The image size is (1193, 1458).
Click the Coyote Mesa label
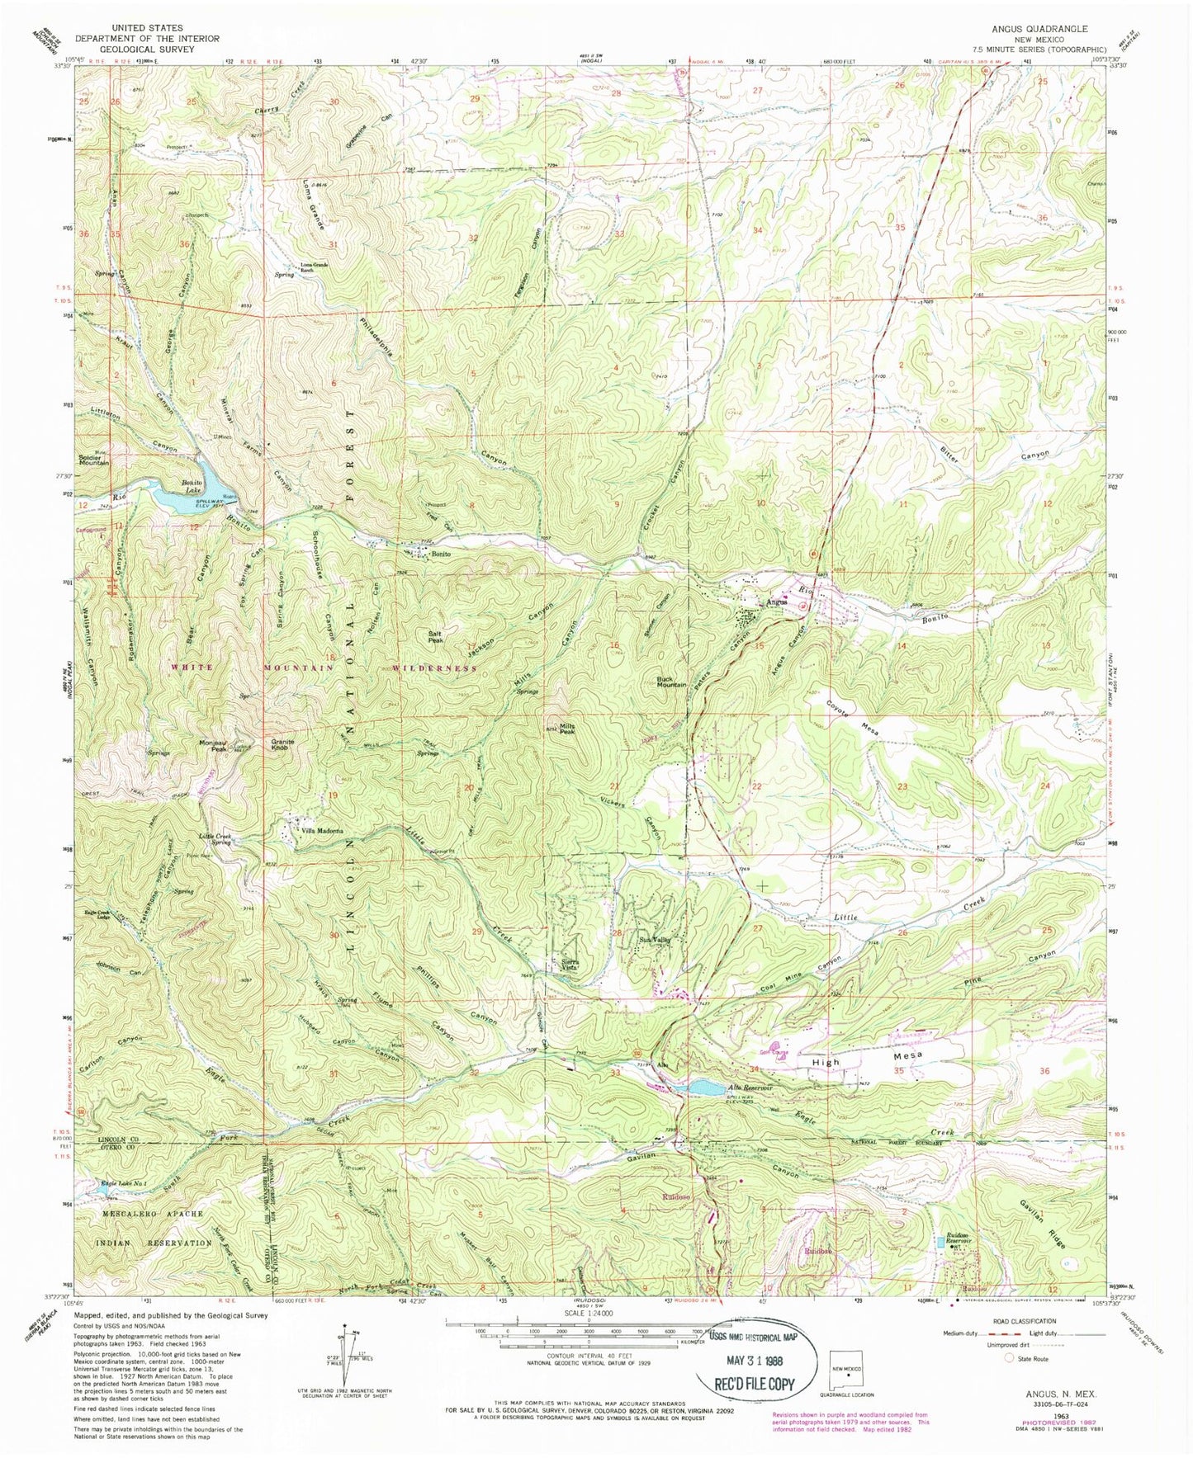tap(847, 720)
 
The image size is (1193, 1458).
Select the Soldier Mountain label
tap(92, 460)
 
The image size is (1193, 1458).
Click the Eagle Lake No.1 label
tap(124, 1186)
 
